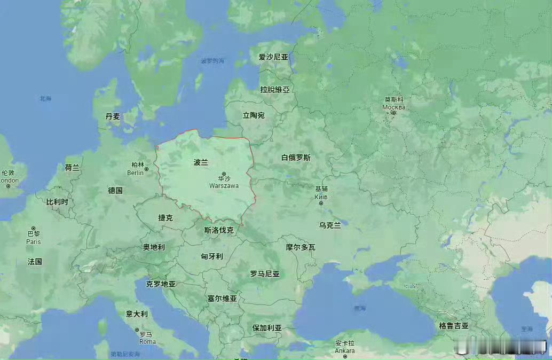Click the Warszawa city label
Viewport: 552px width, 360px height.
click(x=224, y=186)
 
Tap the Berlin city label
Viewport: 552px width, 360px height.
click(x=135, y=173)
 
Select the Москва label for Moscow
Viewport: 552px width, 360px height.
click(x=393, y=107)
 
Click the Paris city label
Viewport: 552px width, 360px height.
click(x=33, y=241)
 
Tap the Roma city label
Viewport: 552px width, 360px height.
click(x=147, y=341)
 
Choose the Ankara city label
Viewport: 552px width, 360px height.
click(x=344, y=351)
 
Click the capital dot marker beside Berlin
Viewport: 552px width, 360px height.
click(x=146, y=169)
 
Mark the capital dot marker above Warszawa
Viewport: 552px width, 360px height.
click(x=224, y=174)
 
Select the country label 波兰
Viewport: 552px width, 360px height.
click(x=201, y=162)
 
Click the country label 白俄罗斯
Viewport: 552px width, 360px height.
click(x=296, y=158)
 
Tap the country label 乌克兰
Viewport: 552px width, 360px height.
click(x=330, y=225)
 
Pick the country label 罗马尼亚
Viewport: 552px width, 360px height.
click(x=265, y=273)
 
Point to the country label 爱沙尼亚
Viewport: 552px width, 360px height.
click(x=273, y=57)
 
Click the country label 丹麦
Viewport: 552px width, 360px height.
click(x=113, y=116)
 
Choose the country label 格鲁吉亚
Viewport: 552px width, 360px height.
click(x=454, y=325)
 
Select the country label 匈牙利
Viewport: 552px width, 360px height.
click(x=212, y=256)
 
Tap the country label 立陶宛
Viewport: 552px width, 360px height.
click(x=254, y=115)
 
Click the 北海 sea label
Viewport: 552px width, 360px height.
click(x=45, y=98)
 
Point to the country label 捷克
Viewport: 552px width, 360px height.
click(x=165, y=217)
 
